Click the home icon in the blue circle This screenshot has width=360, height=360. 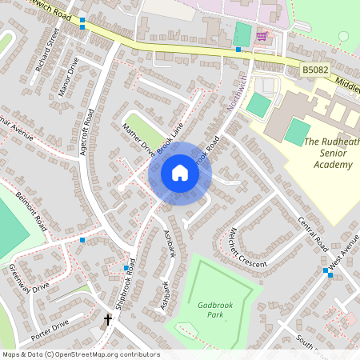(180, 173)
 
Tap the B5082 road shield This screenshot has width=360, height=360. (314, 71)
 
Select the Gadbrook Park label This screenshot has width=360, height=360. (211, 310)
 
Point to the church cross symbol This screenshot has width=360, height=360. (108, 320)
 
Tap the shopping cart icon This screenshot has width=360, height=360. (262, 36)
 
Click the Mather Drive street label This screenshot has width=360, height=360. (137, 138)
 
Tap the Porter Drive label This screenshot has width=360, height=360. (50, 328)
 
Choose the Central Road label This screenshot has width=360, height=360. (312, 231)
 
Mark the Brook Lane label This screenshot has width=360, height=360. (169, 137)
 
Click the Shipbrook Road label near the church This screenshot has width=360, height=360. (130, 278)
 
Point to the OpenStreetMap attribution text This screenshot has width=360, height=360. (80, 354)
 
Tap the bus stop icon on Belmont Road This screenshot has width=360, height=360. (82, 239)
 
